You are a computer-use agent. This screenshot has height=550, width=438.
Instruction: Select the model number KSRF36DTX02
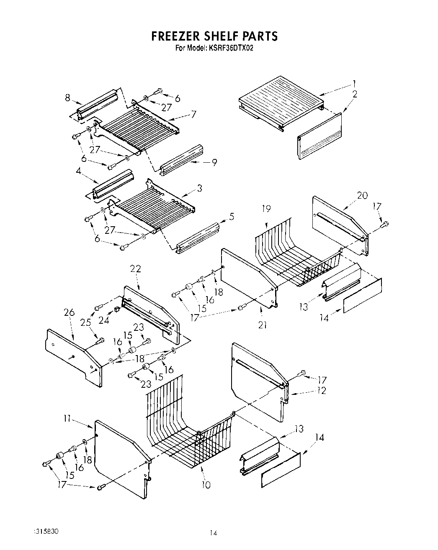tap(229, 48)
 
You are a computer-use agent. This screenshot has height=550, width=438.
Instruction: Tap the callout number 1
tap(354, 83)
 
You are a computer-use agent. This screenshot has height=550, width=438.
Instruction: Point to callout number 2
tap(355, 94)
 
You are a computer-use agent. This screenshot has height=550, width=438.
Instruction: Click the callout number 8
tap(67, 98)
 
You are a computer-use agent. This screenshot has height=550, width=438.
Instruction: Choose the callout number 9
tap(214, 162)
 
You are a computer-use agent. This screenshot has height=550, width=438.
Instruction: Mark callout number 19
tap(266, 208)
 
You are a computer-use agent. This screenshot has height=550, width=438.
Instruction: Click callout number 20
tap(362, 195)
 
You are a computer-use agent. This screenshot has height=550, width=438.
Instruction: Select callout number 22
tap(135, 269)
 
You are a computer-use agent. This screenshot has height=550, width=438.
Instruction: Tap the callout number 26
tap(69, 312)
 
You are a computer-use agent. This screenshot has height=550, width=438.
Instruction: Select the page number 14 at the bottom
tap(214, 532)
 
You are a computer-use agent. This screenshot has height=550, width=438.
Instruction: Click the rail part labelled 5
tap(199, 236)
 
